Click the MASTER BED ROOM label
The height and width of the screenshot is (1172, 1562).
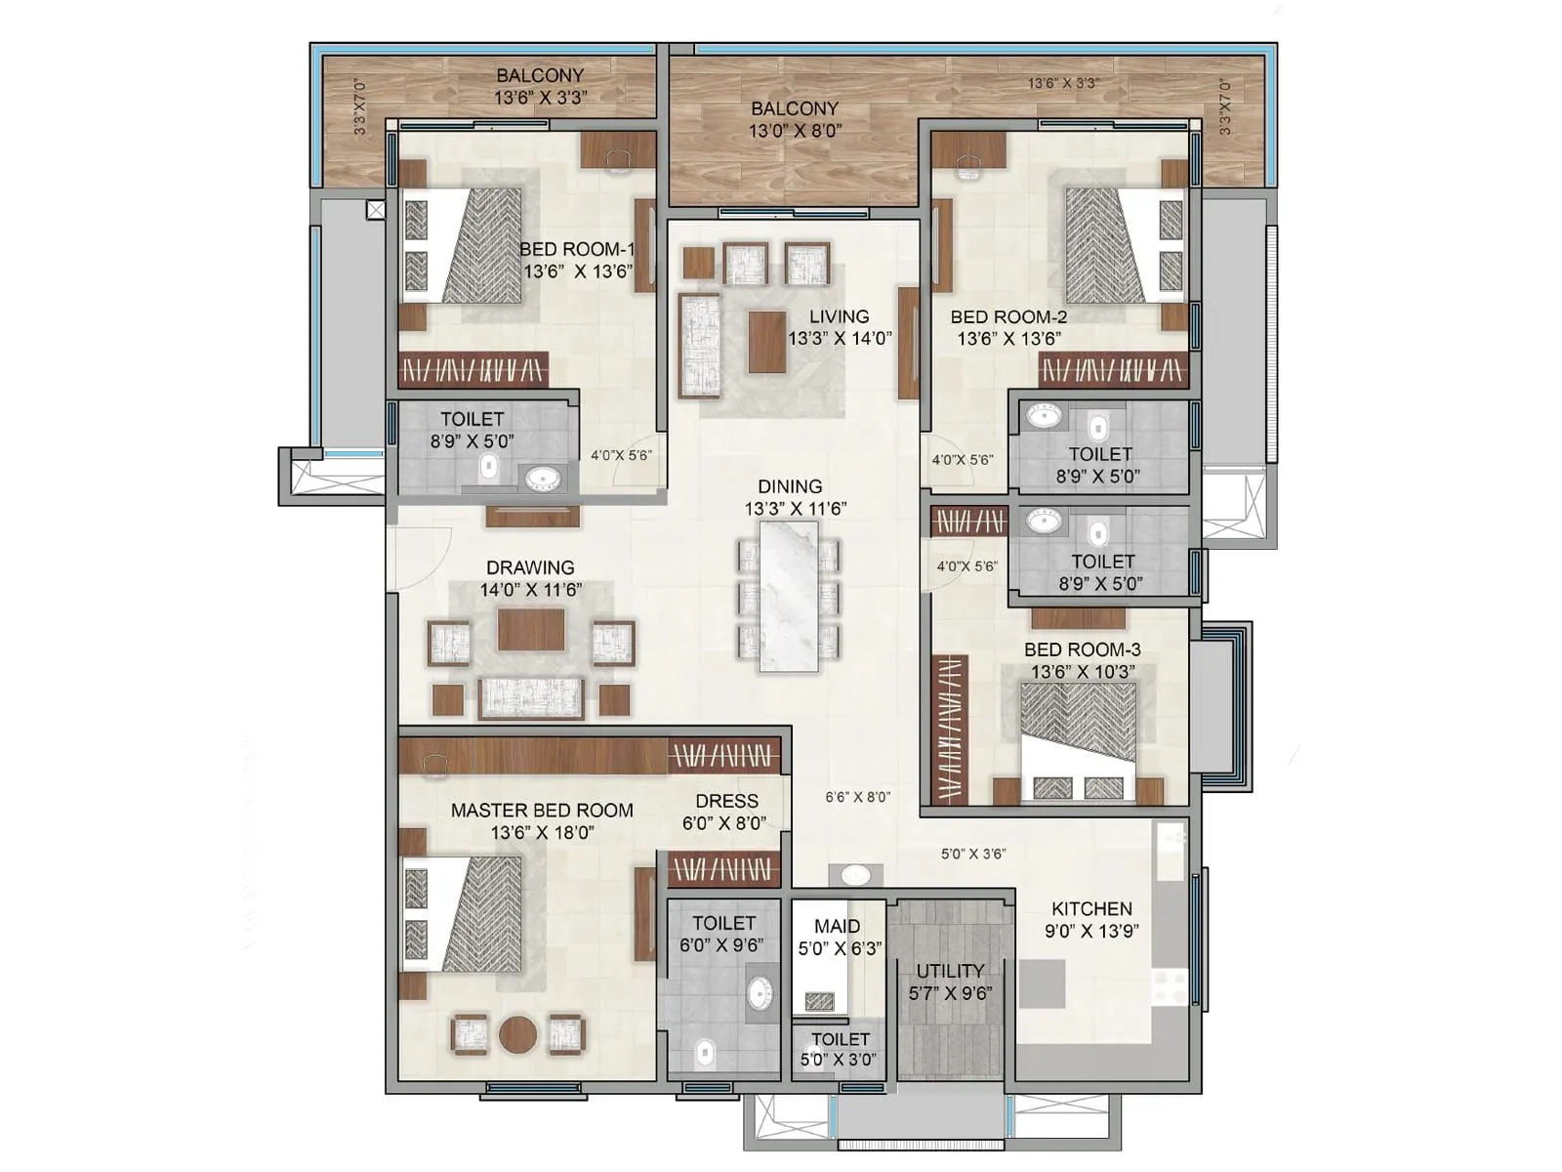click(542, 810)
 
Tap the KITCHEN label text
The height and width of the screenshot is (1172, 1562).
click(1091, 908)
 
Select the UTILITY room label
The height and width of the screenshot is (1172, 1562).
click(949, 971)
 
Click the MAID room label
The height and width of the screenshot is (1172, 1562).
click(838, 926)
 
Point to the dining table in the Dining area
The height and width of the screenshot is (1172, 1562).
click(789, 596)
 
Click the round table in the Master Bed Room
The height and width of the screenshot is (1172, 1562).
click(517, 1034)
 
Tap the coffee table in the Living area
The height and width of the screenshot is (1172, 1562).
click(767, 341)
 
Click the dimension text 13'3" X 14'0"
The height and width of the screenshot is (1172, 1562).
click(840, 339)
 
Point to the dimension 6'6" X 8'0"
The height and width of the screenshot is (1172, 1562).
click(857, 797)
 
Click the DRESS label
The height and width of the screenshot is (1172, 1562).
click(726, 801)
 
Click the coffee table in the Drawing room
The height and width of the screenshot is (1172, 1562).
click(530, 629)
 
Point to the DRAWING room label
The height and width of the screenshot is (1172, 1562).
click(530, 567)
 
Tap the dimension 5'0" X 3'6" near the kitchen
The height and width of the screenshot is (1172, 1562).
click(973, 854)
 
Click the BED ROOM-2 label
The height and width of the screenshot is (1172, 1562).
click(1008, 316)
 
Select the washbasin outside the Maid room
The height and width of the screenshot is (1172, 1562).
click(856, 874)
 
